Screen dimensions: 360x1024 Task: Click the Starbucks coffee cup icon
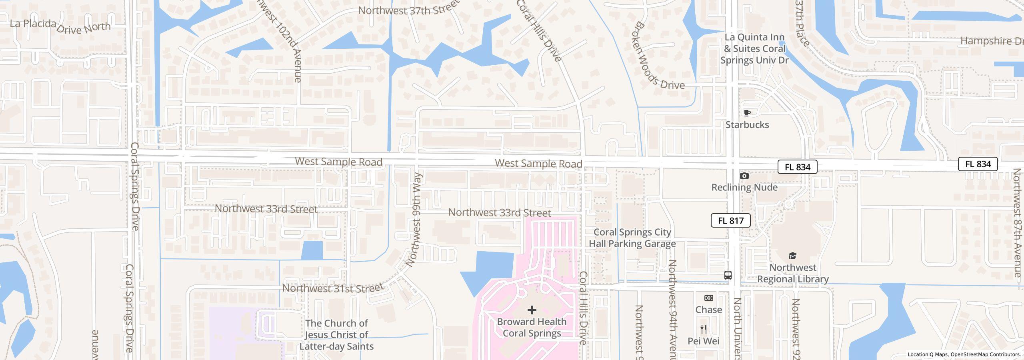[x=747, y=113]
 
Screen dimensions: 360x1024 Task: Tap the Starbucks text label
[x=747, y=125]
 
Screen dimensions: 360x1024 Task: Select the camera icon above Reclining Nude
[x=744, y=176]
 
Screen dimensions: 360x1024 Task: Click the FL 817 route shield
[x=730, y=220]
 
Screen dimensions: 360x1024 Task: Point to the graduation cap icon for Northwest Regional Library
[x=792, y=256]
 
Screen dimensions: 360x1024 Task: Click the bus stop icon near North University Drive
[x=728, y=275]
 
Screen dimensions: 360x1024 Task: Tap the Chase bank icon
[x=708, y=298]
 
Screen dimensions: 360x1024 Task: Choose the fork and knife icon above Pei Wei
[x=704, y=329]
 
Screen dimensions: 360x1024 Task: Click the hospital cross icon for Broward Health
[x=532, y=310]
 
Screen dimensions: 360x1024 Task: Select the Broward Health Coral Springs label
[x=532, y=328]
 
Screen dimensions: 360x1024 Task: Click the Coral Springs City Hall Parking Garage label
[x=632, y=238]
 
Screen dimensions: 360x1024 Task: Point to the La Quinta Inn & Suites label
[x=754, y=49]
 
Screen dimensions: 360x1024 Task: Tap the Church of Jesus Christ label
[x=336, y=335]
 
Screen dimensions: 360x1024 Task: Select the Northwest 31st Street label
[x=333, y=288]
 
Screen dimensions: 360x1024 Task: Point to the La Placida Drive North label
[x=60, y=26]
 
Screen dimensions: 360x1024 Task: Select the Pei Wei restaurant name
[x=703, y=341]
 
